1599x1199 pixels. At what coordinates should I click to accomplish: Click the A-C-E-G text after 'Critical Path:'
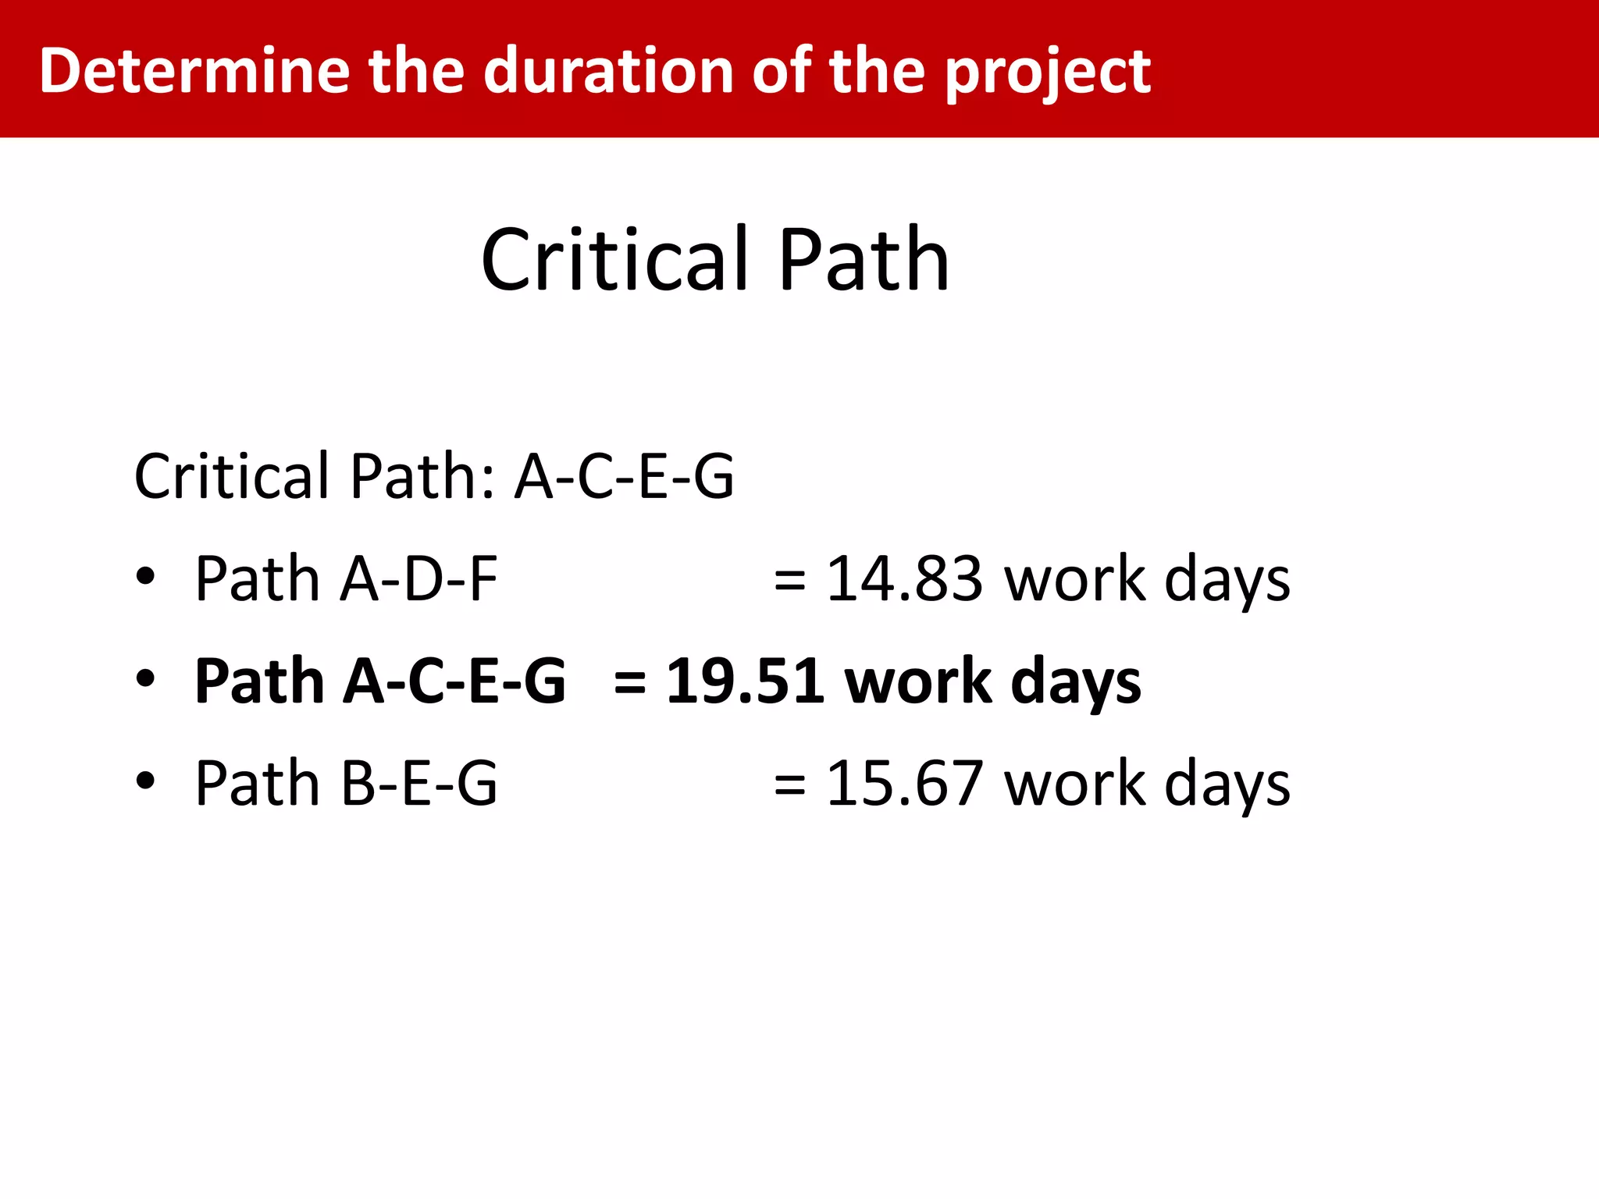click(624, 476)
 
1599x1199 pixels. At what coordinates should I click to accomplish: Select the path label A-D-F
click(418, 579)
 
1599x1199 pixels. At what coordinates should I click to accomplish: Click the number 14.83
click(904, 579)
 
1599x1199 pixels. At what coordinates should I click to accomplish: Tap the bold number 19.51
click(745, 681)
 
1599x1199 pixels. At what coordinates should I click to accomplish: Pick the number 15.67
click(904, 784)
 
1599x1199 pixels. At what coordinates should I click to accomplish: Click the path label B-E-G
click(418, 784)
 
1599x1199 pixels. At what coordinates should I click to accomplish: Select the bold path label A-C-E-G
click(454, 681)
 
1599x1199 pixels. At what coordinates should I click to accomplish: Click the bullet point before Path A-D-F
click(145, 578)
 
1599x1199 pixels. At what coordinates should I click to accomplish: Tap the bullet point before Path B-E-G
click(145, 781)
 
